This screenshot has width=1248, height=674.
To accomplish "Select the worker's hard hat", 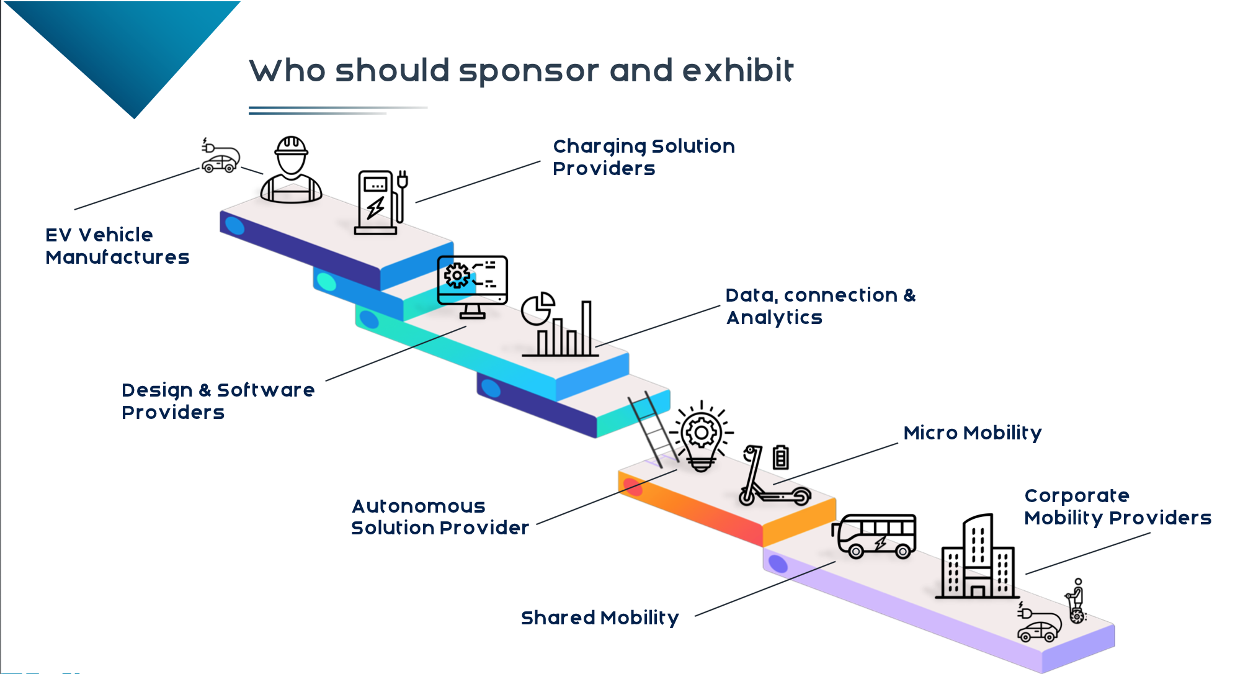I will click(x=291, y=146).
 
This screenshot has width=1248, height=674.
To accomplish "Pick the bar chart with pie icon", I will click(x=558, y=326).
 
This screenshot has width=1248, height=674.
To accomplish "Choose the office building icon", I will click(x=977, y=559).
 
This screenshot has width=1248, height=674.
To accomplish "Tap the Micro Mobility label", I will click(x=972, y=433).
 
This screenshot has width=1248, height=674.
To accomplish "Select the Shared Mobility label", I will click(x=600, y=618).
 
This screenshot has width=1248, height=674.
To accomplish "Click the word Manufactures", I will click(x=117, y=257).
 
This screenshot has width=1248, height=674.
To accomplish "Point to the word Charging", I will click(x=599, y=146).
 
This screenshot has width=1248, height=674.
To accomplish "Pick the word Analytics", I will click(x=774, y=317).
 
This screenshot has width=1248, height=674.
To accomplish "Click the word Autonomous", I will click(x=419, y=506).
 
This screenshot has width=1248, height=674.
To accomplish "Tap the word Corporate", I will click(x=1077, y=495).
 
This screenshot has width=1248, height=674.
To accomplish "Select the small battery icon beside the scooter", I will click(x=780, y=457).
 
